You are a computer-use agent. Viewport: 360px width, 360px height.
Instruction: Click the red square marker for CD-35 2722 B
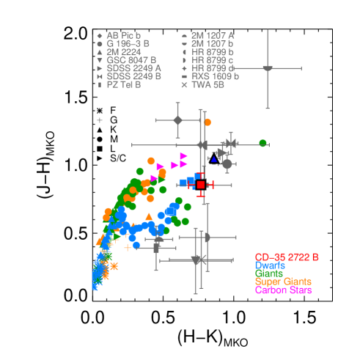[x=200, y=185]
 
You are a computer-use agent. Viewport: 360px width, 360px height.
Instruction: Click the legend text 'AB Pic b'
[x=123, y=35]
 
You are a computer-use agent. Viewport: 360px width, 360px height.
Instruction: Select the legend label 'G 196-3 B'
[x=128, y=43]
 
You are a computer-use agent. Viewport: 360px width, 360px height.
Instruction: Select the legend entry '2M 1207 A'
[x=213, y=35]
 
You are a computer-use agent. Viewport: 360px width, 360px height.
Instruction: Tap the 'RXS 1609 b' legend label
[x=215, y=76]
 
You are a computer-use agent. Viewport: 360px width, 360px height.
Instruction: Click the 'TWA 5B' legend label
[x=207, y=85]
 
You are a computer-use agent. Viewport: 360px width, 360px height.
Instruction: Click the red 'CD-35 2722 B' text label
[x=287, y=257]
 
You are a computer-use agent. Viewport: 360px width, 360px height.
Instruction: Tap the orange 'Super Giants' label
[x=282, y=282]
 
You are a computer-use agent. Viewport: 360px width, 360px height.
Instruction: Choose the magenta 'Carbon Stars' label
[x=283, y=290]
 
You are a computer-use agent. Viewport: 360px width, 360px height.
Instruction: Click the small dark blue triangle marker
[x=214, y=159]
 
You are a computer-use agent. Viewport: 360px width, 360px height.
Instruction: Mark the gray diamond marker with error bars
[x=177, y=120]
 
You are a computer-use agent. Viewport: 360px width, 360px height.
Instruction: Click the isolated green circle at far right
[x=262, y=143]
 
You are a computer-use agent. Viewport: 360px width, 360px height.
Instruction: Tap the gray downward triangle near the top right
[x=268, y=69]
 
